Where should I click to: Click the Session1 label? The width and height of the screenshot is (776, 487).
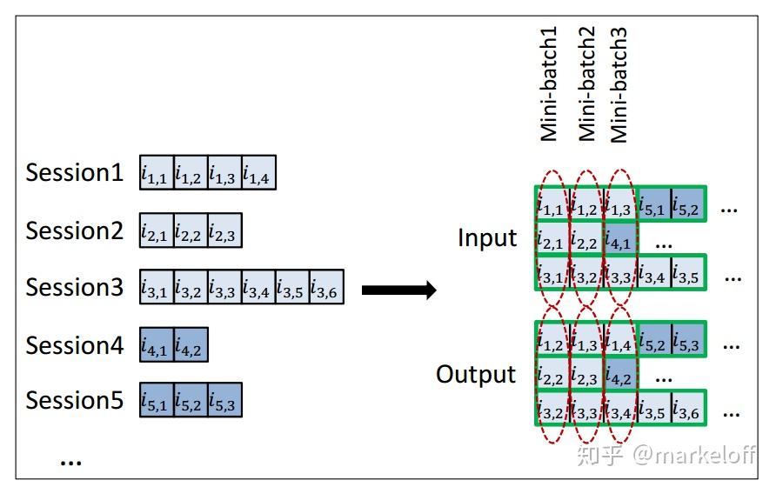coord(74,173)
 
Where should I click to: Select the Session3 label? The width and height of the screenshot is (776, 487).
coord(74,287)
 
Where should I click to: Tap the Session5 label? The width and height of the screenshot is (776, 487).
coord(74,400)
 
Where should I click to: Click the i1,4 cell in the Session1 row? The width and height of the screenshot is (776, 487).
coord(258,174)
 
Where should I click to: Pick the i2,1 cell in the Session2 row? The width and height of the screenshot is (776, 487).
coord(157,231)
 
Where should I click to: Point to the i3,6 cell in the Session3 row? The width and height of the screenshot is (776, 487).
coord(326,288)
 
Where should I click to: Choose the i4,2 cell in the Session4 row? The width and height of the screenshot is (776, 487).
coord(191,345)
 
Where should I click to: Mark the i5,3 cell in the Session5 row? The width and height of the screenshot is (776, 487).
coord(224,401)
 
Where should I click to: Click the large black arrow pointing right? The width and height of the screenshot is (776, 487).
coord(398,290)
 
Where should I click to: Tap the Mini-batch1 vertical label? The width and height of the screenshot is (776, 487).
coord(549,84)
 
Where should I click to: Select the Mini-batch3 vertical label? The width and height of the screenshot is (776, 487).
coord(619,84)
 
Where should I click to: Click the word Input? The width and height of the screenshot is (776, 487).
coord(487,238)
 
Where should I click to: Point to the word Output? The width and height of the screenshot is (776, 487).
coord(476,375)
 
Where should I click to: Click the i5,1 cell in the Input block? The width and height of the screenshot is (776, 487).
coord(654,205)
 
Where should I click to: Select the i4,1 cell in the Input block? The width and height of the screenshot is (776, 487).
coord(619,240)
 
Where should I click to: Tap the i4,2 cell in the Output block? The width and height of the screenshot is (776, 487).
coord(619,377)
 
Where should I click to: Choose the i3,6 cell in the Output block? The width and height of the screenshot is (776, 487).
coord(687,410)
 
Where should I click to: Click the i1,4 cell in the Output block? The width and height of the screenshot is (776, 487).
coord(619,343)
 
